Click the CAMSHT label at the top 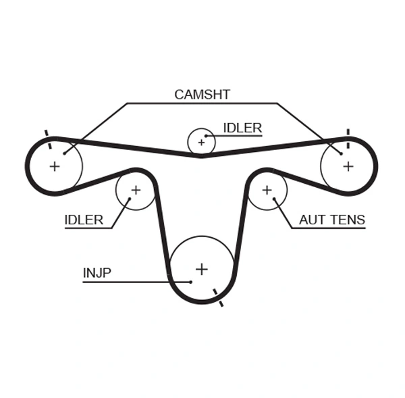[x=202, y=95]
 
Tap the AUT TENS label [x=332, y=220]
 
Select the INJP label [x=97, y=273]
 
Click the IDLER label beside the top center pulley [x=242, y=128]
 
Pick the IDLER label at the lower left [x=84, y=220]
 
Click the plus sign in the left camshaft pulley [x=55, y=166]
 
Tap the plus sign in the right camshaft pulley [x=348, y=166]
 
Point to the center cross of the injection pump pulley [x=201, y=269]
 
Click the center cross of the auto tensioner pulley [x=267, y=190]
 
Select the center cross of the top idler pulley [x=201, y=143]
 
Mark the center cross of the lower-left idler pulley [x=135, y=190]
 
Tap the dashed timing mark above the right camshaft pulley [x=348, y=134]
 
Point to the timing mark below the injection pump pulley [x=218, y=298]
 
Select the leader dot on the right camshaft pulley [x=342, y=153]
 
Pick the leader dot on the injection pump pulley [x=191, y=281]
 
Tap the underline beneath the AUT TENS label [x=327, y=228]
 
